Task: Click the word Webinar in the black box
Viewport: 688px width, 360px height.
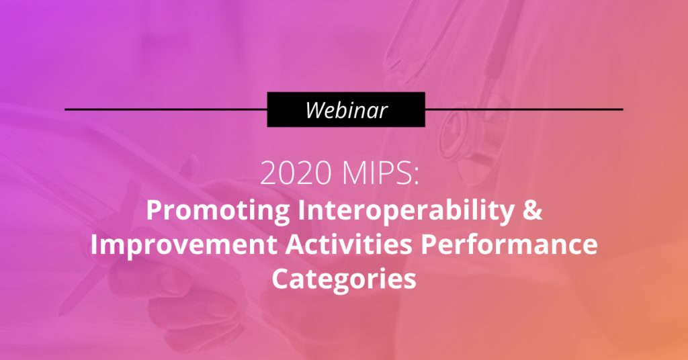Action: coord(346,109)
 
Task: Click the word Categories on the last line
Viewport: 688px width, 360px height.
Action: coord(343,277)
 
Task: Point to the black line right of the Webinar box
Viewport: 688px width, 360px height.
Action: coord(524,109)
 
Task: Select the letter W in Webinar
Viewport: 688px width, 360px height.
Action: coord(316,109)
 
